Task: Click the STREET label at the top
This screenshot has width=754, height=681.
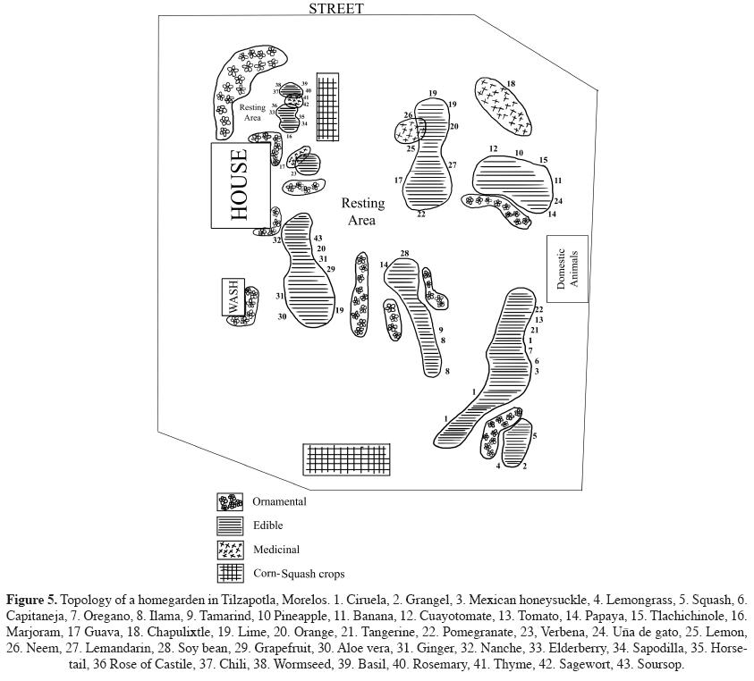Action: pyautogui.click(x=336, y=8)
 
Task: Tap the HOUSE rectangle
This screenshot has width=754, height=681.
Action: pyautogui.click(x=240, y=185)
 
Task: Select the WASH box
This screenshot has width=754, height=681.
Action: pyautogui.click(x=233, y=297)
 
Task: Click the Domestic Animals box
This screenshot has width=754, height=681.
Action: pyautogui.click(x=567, y=268)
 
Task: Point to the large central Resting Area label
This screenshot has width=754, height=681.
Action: pyautogui.click(x=363, y=212)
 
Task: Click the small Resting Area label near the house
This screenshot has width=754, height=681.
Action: pyautogui.click(x=252, y=113)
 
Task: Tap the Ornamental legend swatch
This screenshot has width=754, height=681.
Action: pyautogui.click(x=230, y=502)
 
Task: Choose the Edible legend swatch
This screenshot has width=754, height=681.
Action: pyautogui.click(x=230, y=525)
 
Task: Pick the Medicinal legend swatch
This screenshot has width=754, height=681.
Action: pyautogui.click(x=230, y=550)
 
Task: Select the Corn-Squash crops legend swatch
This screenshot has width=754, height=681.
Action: pyautogui.click(x=230, y=573)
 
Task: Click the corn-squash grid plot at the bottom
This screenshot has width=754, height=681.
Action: pyautogui.click(x=346, y=459)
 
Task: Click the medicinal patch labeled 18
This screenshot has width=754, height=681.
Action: pyautogui.click(x=503, y=106)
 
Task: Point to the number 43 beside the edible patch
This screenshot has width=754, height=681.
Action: pyautogui.click(x=318, y=238)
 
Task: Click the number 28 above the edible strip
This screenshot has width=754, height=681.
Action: pyautogui.click(x=404, y=255)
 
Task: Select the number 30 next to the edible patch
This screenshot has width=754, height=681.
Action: pyautogui.click(x=282, y=316)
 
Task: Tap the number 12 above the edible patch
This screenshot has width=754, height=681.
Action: pyautogui.click(x=493, y=149)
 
